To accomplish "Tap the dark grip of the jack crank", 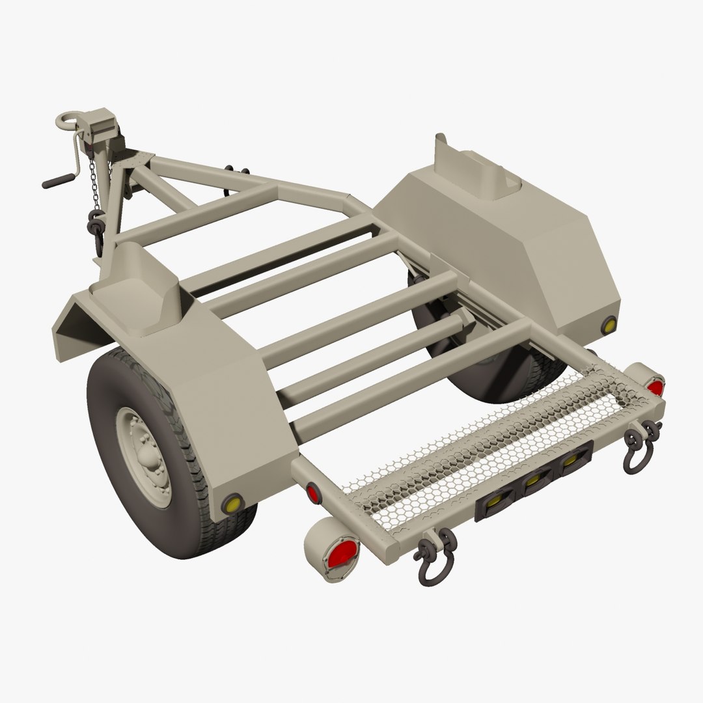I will click(55, 182).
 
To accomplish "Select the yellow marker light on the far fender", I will click(609, 325).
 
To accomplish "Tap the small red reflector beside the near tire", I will click(313, 493).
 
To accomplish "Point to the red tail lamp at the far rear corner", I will click(654, 387).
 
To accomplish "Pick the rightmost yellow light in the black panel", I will click(571, 460).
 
